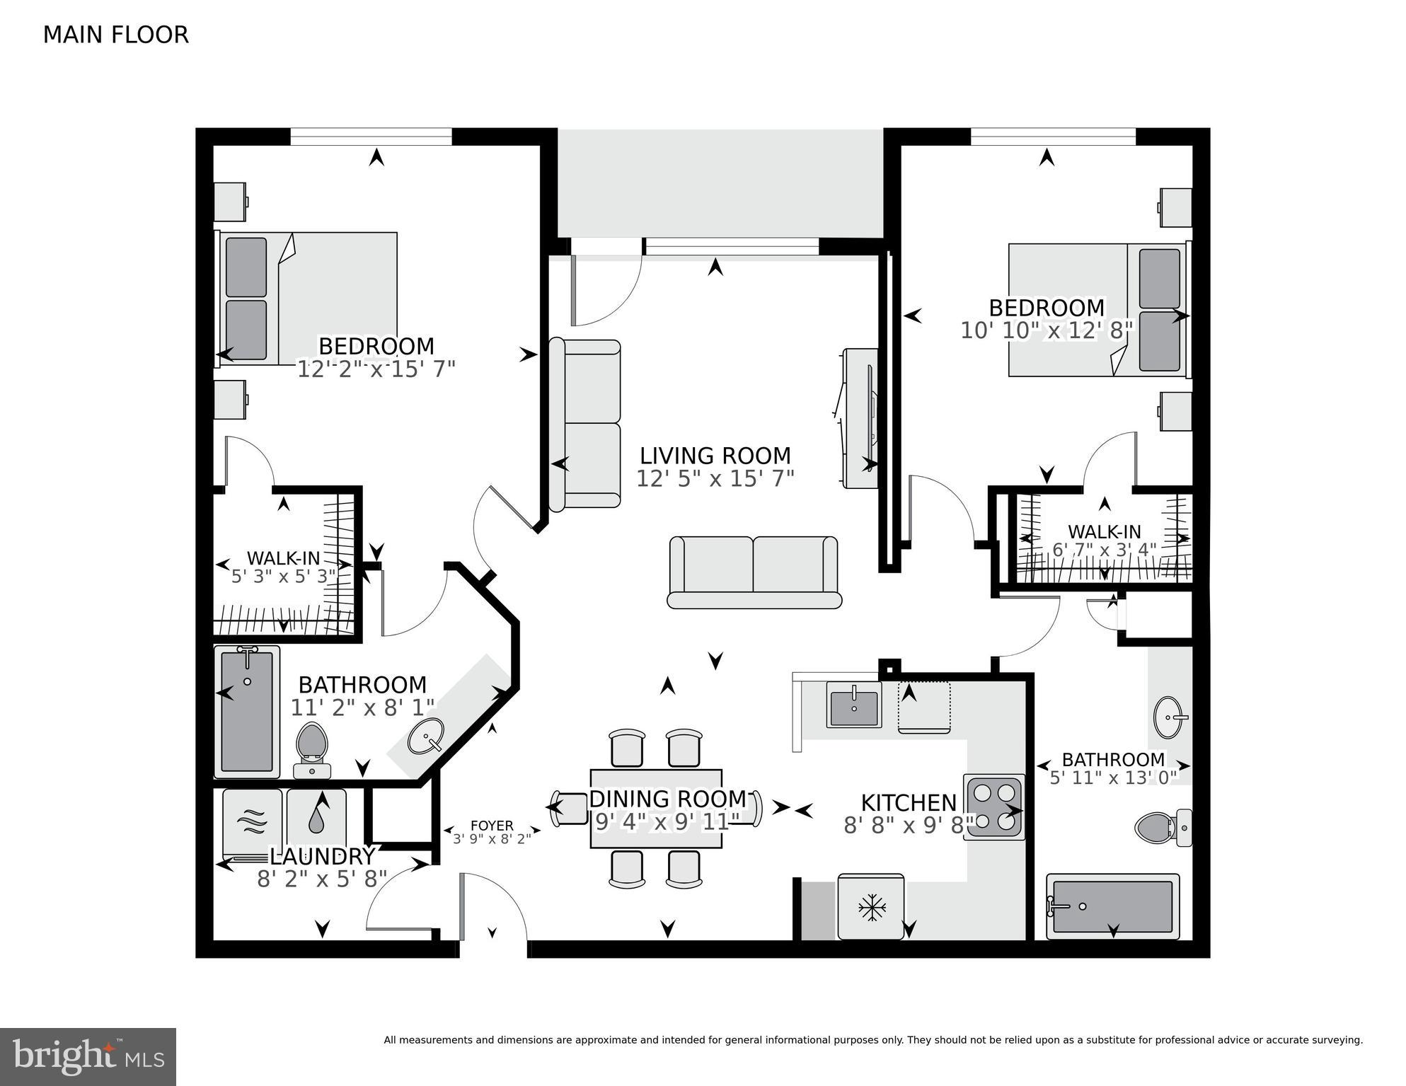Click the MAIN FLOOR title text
point(116,35)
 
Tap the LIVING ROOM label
point(715,456)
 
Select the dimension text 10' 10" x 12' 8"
point(1047,330)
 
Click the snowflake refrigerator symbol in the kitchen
point(871,908)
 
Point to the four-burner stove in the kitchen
point(994,807)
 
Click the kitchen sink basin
point(853,705)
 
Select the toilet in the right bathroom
point(1160,827)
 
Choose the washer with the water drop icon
point(316,820)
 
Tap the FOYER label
point(492,826)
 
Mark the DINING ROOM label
point(667,799)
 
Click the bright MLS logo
point(88,1057)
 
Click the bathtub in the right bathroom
point(1112,906)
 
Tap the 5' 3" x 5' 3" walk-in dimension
point(284,576)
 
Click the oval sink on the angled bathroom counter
point(426,736)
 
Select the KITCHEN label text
point(909,803)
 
